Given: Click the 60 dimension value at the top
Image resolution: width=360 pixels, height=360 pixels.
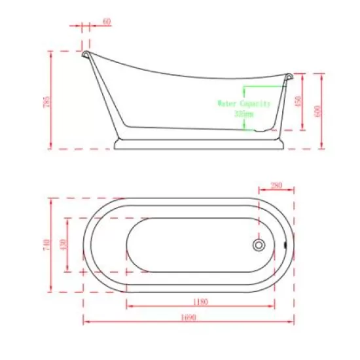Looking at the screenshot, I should (x=107, y=22).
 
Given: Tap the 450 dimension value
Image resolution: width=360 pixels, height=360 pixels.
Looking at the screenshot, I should (x=300, y=101).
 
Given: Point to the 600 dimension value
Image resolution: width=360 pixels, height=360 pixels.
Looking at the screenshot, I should (x=319, y=110).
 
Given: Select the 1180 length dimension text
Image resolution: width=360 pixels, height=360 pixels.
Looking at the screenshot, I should (x=200, y=302).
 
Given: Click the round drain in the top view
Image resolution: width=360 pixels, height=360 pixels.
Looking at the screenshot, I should (x=259, y=245).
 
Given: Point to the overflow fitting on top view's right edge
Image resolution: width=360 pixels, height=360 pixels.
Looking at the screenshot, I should (x=286, y=245).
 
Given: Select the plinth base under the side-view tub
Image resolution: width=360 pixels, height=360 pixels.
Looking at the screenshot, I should (x=201, y=143).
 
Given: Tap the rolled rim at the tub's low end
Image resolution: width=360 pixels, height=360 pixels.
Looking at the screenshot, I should (x=287, y=77).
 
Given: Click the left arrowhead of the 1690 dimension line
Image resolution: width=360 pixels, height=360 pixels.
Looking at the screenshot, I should (x=85, y=320).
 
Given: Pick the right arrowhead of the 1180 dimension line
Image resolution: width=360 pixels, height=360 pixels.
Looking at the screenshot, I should (x=273, y=305).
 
